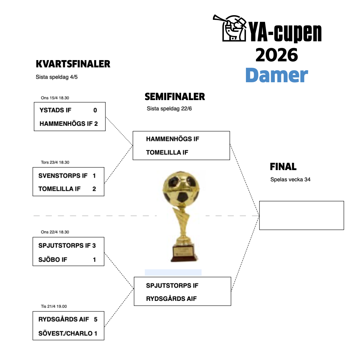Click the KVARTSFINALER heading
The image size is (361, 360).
pos(73,64)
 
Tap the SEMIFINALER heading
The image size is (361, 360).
pos(175,97)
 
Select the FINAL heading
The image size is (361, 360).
pos(283,166)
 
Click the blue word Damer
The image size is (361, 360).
pos(277,75)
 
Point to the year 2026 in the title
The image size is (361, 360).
pos(277,55)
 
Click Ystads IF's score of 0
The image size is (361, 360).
pos(95,110)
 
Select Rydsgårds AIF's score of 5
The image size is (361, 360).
pos(96,319)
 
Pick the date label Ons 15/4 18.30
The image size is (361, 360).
pos(55,98)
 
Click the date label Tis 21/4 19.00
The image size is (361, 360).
pos(54,306)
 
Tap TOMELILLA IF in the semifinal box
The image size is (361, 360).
pos(167,152)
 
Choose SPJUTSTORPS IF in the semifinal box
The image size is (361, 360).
pos(172,285)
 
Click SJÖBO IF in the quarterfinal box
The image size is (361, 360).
pos(53,260)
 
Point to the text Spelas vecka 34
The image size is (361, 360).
pos(290,179)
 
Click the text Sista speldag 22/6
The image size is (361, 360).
pos(169,109)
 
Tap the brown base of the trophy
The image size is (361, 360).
pos(184,254)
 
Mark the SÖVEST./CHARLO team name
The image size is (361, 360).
pos(65,333)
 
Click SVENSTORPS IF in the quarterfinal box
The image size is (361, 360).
pos(63,175)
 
